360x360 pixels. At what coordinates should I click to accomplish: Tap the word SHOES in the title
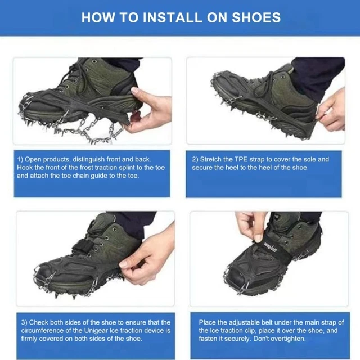pyautogui.click(x=256, y=17)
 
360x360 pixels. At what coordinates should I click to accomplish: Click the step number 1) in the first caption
pyautogui.click(x=20, y=160)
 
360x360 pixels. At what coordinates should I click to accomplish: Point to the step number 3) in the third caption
pyautogui.click(x=24, y=322)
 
